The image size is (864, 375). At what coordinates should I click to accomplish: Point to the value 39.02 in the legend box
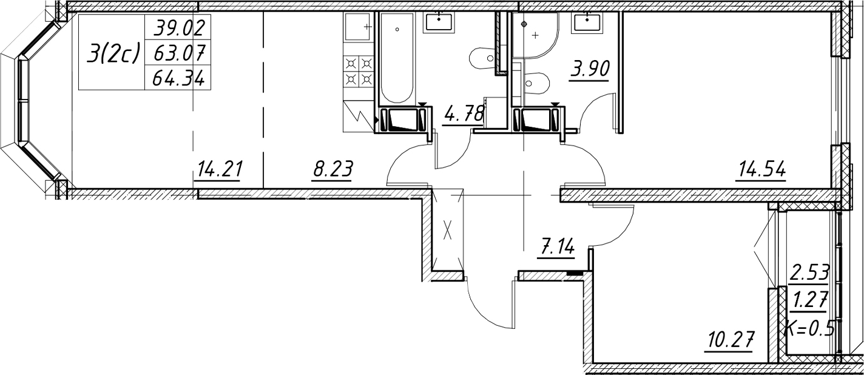pos(178,27)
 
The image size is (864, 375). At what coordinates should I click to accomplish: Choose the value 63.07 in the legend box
pos(178,52)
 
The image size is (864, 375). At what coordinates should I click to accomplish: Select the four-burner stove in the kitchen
pos(359,72)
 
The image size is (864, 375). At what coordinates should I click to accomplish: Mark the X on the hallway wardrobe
pos(447,231)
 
